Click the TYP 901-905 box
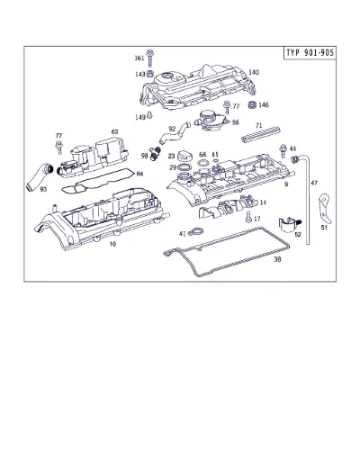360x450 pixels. (310, 53)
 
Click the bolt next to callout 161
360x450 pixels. (149, 58)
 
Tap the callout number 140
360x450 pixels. (254, 72)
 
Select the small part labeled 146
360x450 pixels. (253, 105)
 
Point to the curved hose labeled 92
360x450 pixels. (175, 134)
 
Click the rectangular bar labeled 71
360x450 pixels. (260, 134)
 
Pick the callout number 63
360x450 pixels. (114, 131)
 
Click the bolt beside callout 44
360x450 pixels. (283, 150)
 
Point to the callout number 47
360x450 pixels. (314, 183)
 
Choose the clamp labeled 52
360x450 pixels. (290, 225)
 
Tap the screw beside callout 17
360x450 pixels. (248, 217)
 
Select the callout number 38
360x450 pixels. (278, 259)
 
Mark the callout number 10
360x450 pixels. (112, 244)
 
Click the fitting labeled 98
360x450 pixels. (155, 153)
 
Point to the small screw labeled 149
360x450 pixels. (150, 115)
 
